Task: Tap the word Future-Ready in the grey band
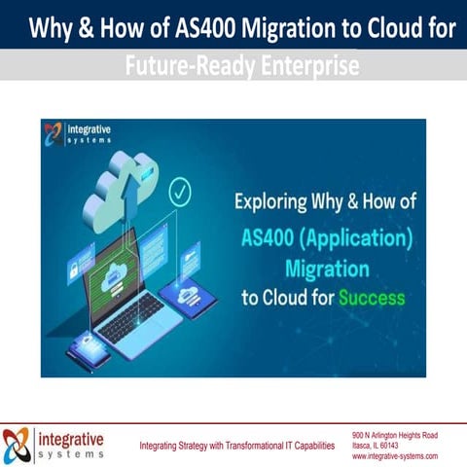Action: pos(174,66)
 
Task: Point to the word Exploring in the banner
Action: pos(276,202)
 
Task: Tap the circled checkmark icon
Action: pos(180,191)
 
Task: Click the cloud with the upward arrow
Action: pos(120,193)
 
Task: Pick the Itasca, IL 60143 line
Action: pos(379,444)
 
